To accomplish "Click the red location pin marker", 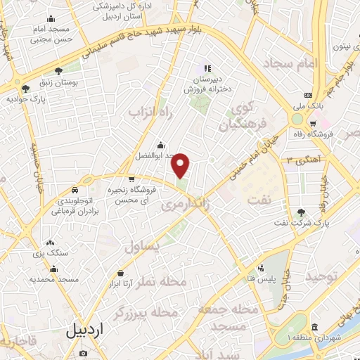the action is [181, 166].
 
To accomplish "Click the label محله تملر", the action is [163, 281].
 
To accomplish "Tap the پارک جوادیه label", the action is [26, 99].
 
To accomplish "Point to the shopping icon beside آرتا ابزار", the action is [122, 273].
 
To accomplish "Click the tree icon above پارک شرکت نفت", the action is [302, 212].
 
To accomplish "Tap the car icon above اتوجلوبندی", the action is [75, 191].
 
